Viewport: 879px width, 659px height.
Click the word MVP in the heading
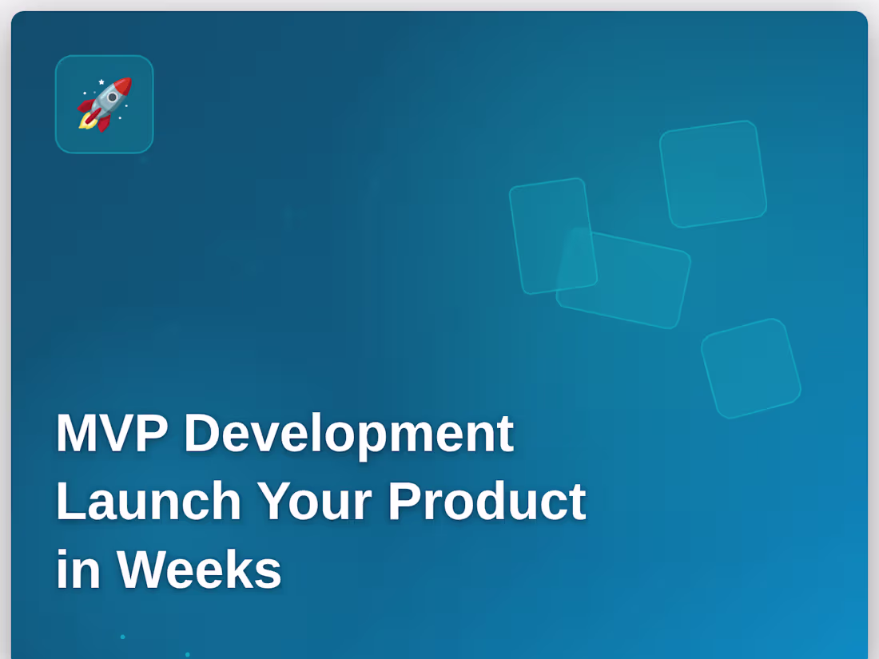(x=111, y=433)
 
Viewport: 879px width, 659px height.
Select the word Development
(x=348, y=433)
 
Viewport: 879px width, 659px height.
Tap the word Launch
(x=148, y=502)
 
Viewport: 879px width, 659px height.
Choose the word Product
(x=487, y=502)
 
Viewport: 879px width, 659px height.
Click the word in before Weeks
(x=78, y=570)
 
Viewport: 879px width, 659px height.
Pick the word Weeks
(x=199, y=570)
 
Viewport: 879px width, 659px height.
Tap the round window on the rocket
(x=113, y=97)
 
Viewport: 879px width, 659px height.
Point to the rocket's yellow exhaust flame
(x=86, y=122)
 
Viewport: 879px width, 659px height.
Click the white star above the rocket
(x=101, y=81)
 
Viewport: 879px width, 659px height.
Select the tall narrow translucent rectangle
(x=553, y=236)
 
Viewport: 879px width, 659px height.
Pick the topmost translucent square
(x=713, y=173)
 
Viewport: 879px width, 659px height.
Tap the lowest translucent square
(x=750, y=367)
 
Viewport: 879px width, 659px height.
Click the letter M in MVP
(x=76, y=433)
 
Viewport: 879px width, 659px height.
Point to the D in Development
(x=201, y=433)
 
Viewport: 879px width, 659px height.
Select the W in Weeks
(x=146, y=570)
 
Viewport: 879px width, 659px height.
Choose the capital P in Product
(x=404, y=502)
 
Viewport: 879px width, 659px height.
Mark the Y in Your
(x=273, y=502)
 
